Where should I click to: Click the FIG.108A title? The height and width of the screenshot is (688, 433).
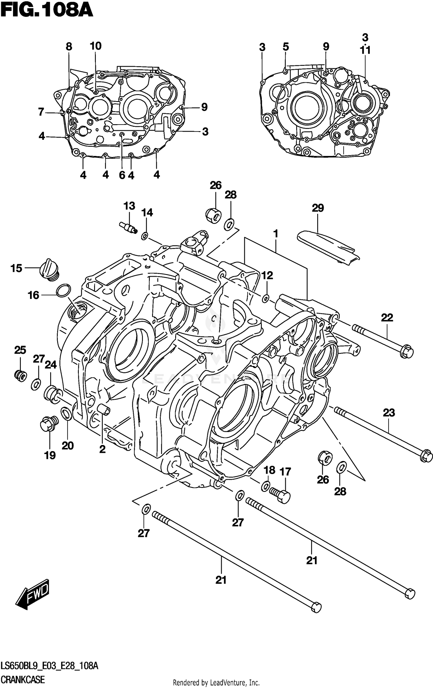(47, 12)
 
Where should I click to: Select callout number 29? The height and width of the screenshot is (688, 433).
(318, 208)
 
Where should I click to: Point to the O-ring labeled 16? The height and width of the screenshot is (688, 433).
(64, 291)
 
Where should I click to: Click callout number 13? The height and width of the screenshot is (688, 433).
(129, 206)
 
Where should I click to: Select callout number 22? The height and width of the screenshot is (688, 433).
(387, 318)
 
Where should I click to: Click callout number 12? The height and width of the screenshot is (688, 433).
(267, 276)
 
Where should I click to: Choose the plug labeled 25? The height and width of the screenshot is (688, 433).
(20, 376)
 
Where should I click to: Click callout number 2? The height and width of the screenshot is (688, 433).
(102, 449)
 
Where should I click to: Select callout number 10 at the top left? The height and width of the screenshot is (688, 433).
(96, 46)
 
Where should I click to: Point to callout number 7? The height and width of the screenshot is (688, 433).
(41, 112)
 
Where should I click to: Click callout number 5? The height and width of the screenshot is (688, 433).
(285, 47)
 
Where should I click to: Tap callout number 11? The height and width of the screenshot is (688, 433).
(365, 51)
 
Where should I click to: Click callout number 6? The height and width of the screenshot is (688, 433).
(122, 175)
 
